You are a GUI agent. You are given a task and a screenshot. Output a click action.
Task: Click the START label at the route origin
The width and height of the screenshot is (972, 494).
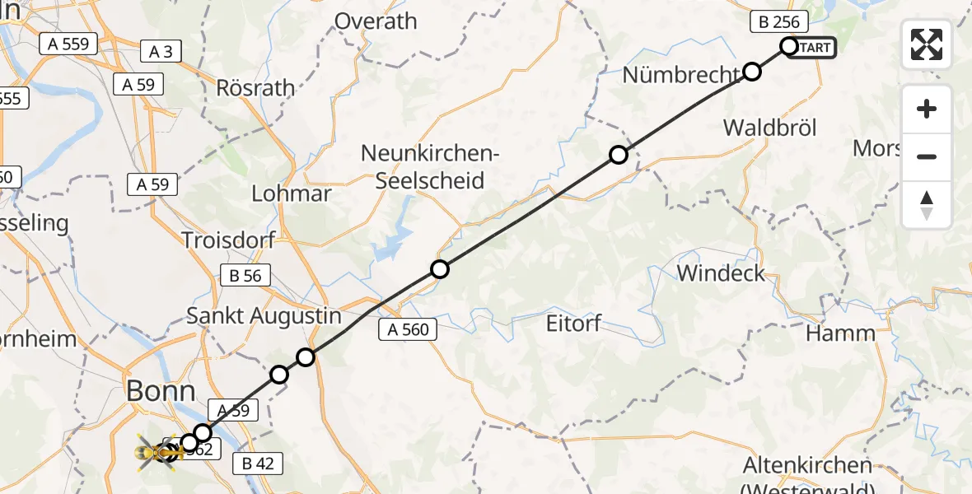[813, 48]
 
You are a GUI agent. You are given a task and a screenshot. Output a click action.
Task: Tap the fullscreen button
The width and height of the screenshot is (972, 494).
[927, 44]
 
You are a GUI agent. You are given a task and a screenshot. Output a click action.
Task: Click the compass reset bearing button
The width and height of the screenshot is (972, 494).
[927, 205]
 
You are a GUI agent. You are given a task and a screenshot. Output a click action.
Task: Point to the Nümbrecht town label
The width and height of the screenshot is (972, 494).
[681, 75]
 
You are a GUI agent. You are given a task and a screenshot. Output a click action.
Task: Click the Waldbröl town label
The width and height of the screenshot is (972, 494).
[769, 128]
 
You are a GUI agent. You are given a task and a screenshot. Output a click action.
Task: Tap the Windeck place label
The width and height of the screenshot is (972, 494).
[721, 273]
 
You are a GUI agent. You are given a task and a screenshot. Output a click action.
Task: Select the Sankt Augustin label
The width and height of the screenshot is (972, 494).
[264, 315]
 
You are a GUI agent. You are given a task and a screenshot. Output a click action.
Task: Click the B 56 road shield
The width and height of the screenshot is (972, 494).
[245, 276]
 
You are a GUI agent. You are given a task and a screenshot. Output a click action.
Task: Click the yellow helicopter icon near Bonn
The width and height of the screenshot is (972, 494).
[157, 451]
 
